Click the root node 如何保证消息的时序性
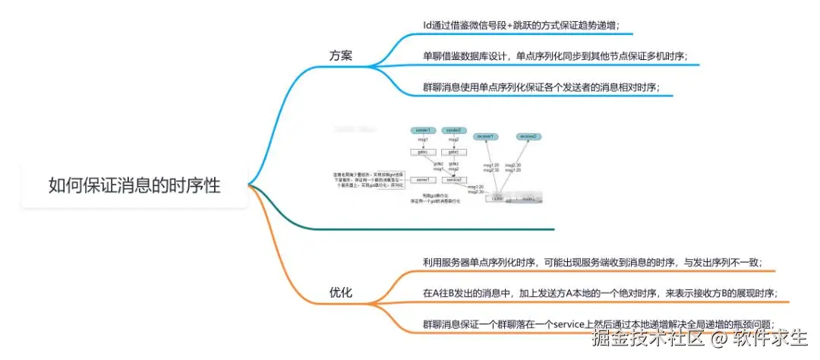click(x=134, y=185)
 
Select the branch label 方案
click(x=340, y=56)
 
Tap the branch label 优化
click(x=340, y=292)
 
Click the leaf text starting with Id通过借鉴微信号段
click(x=521, y=25)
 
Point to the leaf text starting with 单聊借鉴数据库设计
click(x=555, y=56)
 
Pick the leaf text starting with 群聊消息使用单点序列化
click(x=541, y=87)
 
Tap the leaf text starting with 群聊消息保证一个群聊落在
click(x=599, y=324)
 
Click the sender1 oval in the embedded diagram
click(x=422, y=131)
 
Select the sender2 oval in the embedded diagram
click(x=453, y=131)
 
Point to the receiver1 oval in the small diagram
click(x=486, y=136)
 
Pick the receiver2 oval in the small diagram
click(x=528, y=136)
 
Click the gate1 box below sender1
click(x=422, y=152)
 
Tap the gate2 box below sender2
click(x=453, y=152)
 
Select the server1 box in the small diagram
click(x=422, y=180)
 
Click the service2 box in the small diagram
click(x=453, y=180)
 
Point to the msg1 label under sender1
click(x=422, y=141)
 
